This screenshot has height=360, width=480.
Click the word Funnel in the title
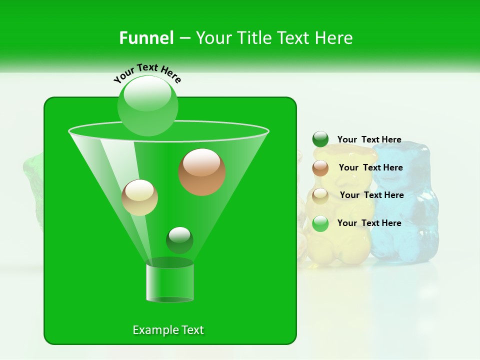pos(146,38)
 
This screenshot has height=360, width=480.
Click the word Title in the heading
pos(254,38)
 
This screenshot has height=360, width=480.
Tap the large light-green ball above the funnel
pos(148,105)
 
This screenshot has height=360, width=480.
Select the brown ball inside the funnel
pos(202,172)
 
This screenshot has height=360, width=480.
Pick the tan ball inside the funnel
pos(139,197)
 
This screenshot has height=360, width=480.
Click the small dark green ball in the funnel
pos(179,240)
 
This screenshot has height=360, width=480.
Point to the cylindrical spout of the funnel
pos(170,282)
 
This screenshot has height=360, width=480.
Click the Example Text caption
pos(168,330)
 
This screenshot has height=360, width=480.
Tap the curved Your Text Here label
pos(147,72)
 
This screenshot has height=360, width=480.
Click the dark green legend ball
pos(320,139)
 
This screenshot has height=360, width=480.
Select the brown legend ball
pos(320,168)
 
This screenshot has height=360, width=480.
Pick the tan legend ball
pos(320,195)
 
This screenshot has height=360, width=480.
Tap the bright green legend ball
pos(320,223)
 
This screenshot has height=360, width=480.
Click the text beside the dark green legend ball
pos(369,140)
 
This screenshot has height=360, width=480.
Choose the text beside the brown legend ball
pos(370,168)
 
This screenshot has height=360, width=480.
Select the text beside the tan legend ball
pos(371,195)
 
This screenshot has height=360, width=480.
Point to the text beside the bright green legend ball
pos(369,223)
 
